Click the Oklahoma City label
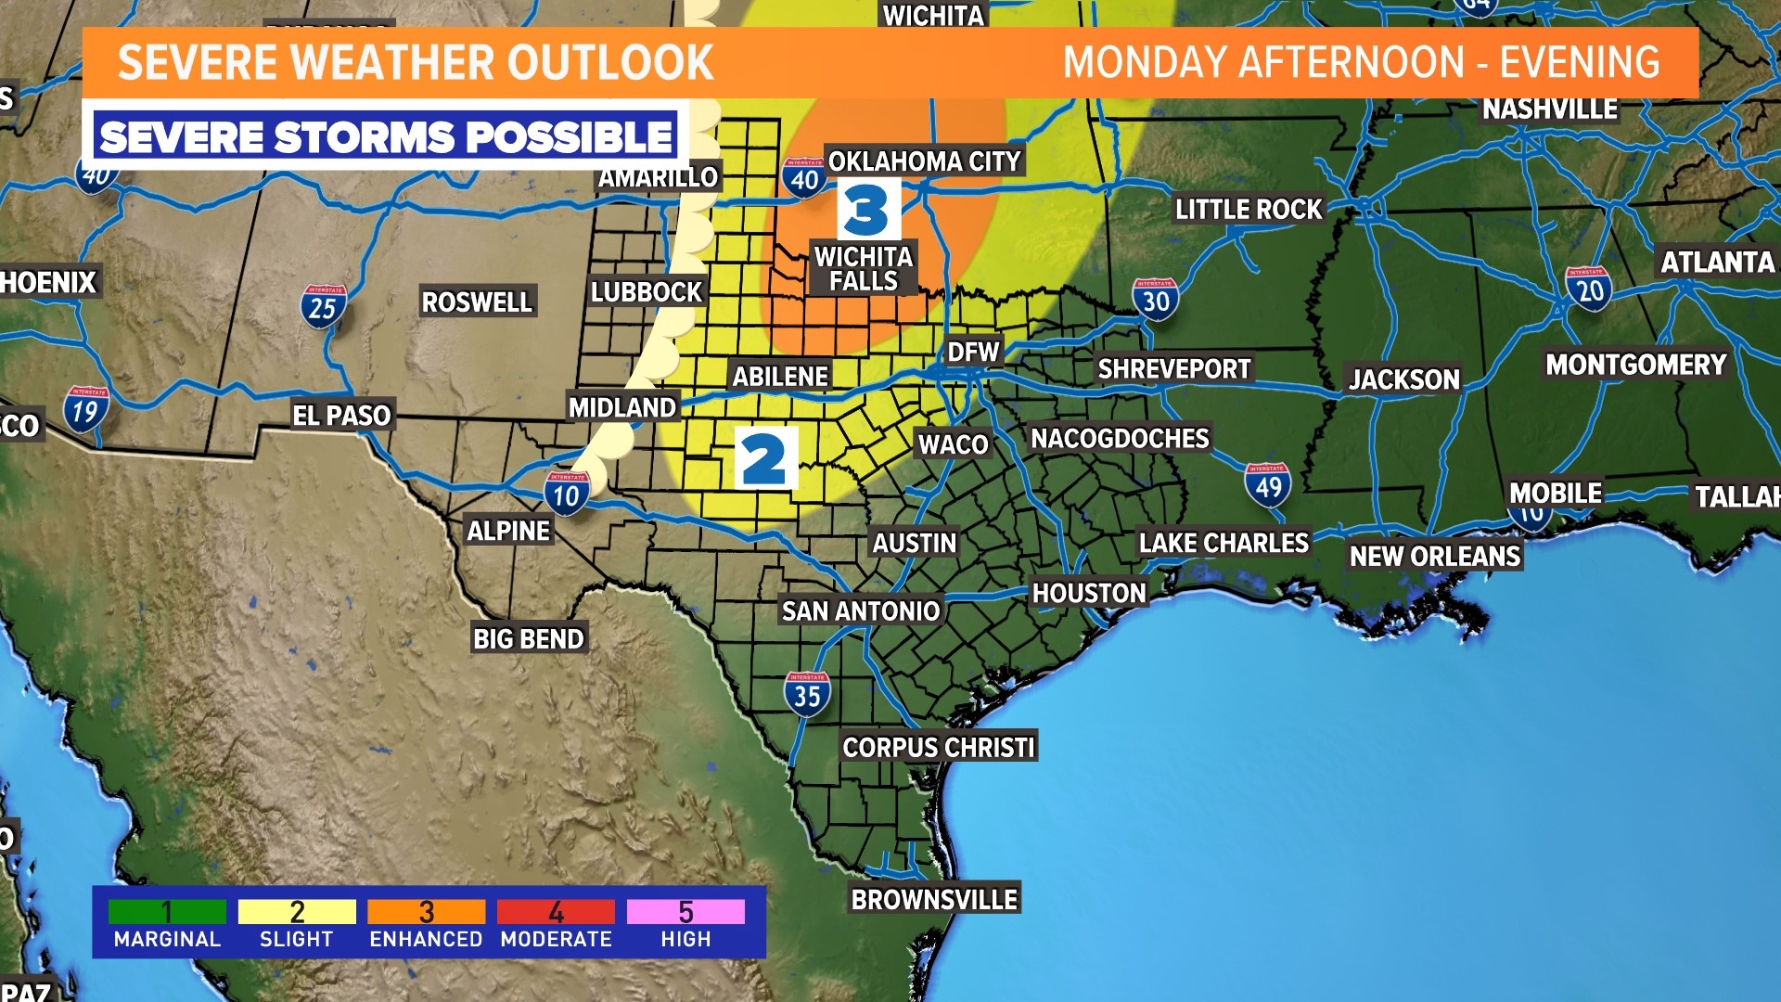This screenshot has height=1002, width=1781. click(x=924, y=161)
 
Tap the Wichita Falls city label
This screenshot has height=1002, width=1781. click(x=864, y=269)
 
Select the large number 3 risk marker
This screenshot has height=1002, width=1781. click(x=867, y=210)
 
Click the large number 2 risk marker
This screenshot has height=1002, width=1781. click(x=765, y=458)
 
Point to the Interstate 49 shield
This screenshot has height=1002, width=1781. click(x=1267, y=485)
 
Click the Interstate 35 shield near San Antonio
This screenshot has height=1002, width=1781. click(x=807, y=694)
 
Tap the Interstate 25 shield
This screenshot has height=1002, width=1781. click(x=323, y=306)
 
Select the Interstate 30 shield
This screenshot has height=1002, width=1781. click(x=1155, y=300)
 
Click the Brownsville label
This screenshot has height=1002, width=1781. click(x=934, y=899)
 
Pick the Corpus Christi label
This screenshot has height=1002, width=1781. click(x=938, y=747)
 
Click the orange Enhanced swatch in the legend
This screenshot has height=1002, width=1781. click(x=426, y=912)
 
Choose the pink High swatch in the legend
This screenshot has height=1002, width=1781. click(x=685, y=912)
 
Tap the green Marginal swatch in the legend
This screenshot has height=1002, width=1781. click(x=167, y=912)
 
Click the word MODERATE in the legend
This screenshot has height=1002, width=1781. click(x=556, y=939)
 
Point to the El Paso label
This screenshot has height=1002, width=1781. click(x=341, y=415)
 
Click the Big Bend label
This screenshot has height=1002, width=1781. click(x=528, y=638)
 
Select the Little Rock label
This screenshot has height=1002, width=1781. click(x=1248, y=209)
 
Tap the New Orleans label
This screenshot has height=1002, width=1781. click(x=1434, y=556)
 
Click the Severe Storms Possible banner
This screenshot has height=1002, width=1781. click(x=385, y=136)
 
